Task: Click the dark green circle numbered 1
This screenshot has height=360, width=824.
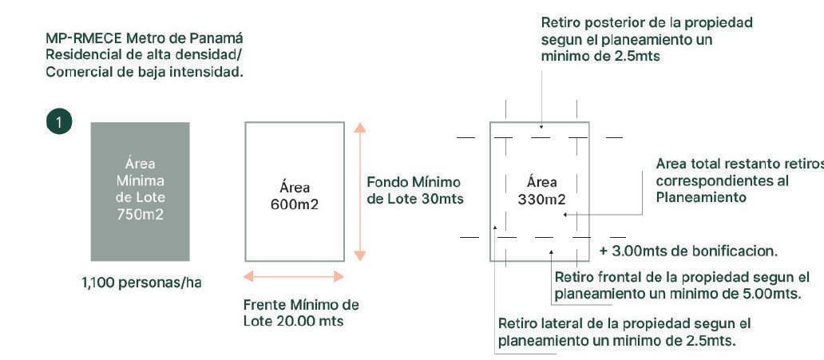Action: [x=59, y=122]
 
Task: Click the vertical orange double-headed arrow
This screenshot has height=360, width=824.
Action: [x=359, y=192]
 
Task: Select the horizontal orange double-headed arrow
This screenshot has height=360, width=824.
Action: [x=294, y=276]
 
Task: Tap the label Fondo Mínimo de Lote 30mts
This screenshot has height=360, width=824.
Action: [x=414, y=190]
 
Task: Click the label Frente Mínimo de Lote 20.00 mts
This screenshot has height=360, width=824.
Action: [x=301, y=313]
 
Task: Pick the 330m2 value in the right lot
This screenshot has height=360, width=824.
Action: [x=541, y=198]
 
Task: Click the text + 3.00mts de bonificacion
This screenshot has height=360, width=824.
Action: [x=687, y=251]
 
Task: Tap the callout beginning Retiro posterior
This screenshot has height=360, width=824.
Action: [x=647, y=39]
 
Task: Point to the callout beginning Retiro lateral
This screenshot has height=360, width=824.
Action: [x=624, y=332]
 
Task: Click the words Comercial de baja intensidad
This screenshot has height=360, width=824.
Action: [x=145, y=71]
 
